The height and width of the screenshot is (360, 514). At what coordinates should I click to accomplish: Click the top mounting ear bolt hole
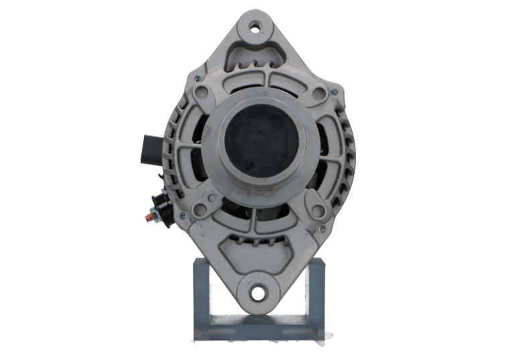click(255, 28)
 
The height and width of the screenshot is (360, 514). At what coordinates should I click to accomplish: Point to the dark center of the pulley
click(261, 142)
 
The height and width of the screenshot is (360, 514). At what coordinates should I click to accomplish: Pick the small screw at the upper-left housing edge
click(197, 78)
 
